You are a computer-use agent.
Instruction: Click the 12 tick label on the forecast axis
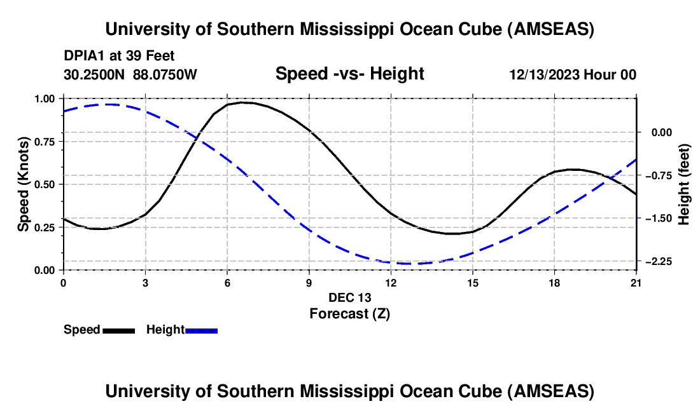391,283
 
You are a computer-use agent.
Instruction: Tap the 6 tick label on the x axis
227,283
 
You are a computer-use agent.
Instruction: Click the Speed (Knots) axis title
24,184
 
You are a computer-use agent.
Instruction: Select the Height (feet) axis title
685,184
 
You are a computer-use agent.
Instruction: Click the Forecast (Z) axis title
349,313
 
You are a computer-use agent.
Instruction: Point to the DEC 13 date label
349,297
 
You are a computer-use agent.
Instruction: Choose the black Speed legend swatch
118,330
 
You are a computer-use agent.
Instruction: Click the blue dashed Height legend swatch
202,330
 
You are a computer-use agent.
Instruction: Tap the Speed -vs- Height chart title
349,74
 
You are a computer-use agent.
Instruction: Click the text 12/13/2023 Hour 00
573,75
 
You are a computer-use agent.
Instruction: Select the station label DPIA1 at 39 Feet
119,57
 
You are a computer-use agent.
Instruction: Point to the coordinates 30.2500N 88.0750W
130,75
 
